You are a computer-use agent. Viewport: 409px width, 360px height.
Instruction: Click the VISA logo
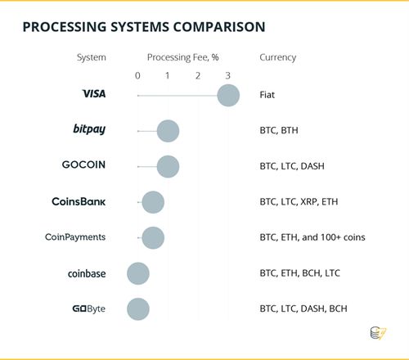click(x=94, y=94)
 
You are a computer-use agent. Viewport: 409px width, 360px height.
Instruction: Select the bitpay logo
click(x=89, y=129)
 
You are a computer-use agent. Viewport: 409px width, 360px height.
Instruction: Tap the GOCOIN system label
click(x=83, y=164)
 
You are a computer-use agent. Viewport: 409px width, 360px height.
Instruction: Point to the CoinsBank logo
click(x=79, y=201)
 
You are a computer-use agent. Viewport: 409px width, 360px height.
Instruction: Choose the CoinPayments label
click(x=75, y=237)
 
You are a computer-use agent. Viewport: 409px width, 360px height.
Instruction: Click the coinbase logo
click(x=87, y=273)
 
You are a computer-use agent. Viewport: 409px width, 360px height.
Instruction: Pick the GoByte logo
click(x=89, y=308)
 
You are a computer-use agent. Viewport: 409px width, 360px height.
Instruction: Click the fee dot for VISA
click(x=228, y=96)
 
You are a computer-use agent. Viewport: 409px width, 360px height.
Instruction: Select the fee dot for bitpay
click(x=168, y=131)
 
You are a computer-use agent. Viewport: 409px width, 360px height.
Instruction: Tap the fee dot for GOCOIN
click(x=168, y=167)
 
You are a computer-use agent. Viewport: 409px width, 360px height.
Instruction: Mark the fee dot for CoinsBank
click(x=153, y=202)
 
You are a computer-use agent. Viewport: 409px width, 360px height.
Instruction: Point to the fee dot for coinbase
click(x=138, y=273)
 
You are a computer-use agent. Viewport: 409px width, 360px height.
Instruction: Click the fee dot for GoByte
click(x=138, y=309)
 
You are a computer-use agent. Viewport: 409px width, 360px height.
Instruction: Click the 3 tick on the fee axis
click(x=228, y=75)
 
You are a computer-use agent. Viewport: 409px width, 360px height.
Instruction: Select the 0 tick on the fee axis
click(x=137, y=75)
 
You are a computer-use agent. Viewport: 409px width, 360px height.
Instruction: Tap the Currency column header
click(x=278, y=57)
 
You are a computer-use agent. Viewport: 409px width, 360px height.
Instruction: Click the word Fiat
click(x=267, y=95)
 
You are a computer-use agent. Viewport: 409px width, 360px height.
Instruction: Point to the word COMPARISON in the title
click(x=219, y=27)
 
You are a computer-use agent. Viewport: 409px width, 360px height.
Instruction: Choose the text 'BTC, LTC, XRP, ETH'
click(x=299, y=202)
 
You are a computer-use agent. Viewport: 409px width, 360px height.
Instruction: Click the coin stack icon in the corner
click(x=378, y=333)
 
